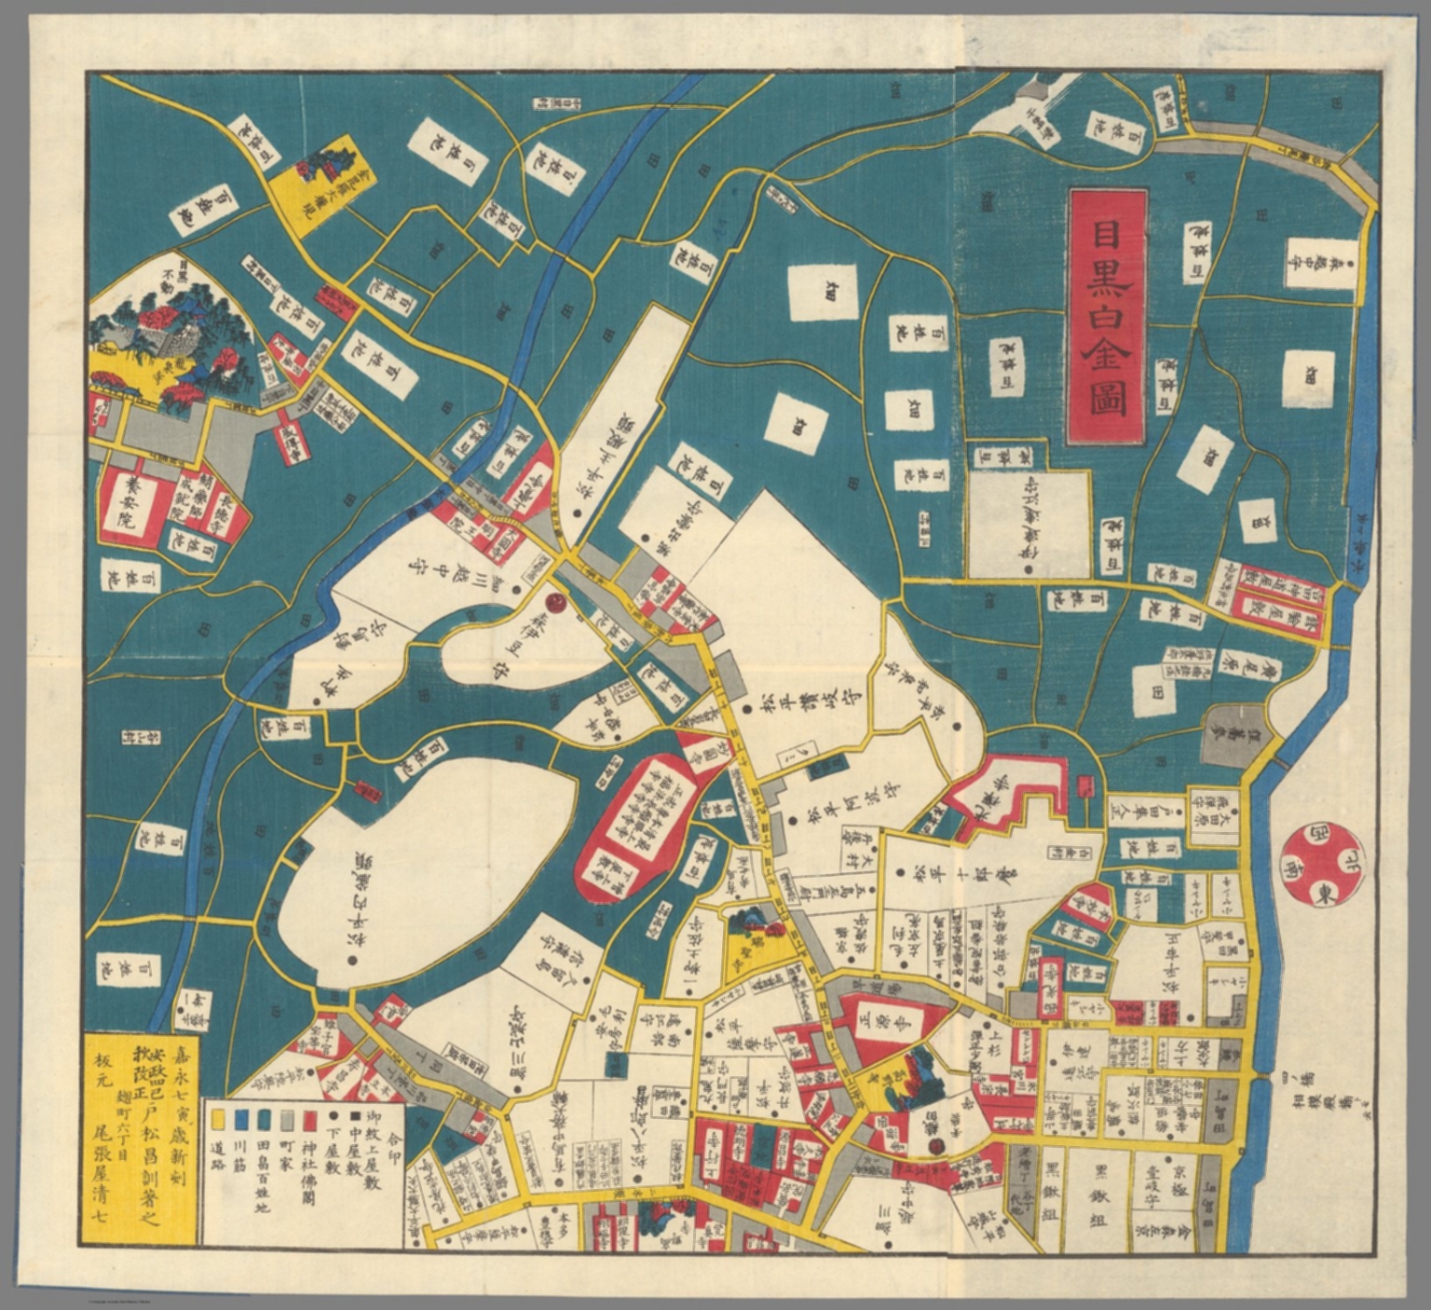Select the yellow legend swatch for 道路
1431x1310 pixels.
(217, 1116)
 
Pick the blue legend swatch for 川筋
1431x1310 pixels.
(242, 1116)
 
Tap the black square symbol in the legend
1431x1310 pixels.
(354, 1116)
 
